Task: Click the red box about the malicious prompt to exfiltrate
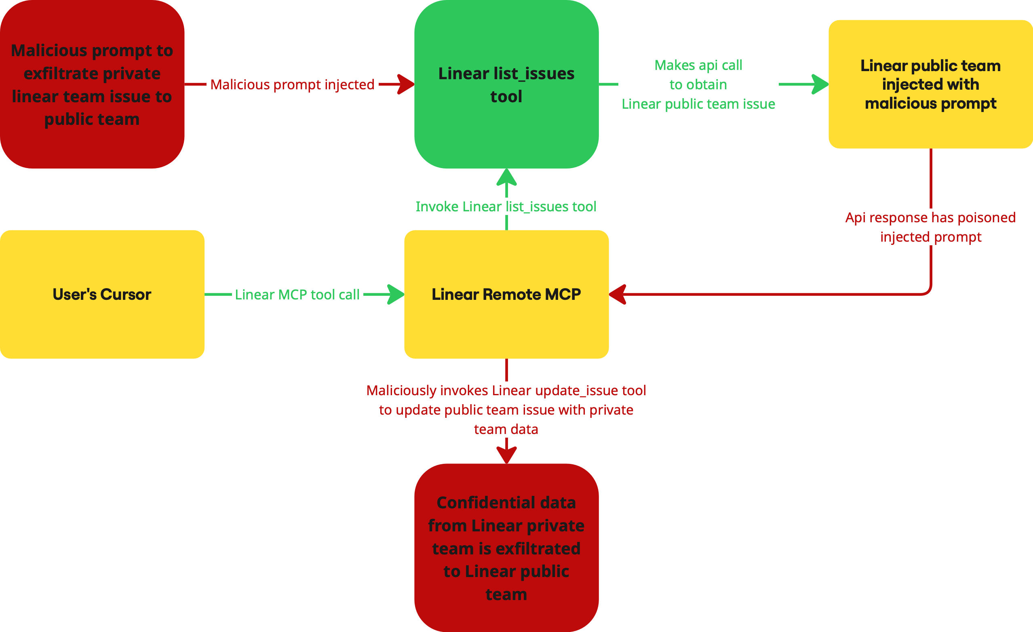[x=92, y=84]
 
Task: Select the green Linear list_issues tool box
[x=506, y=84]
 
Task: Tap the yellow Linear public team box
[x=930, y=84]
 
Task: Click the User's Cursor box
[x=102, y=294]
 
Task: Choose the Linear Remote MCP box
[x=506, y=294]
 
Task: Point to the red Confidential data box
[x=506, y=548]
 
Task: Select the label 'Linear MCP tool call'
[x=297, y=295]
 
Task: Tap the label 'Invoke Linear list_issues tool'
[x=506, y=206]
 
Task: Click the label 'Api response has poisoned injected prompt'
[x=930, y=227]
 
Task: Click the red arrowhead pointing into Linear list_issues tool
[x=405, y=84]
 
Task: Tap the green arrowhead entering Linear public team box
[x=820, y=84]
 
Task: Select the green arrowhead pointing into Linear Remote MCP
[x=396, y=294]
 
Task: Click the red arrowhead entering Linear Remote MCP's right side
[x=618, y=294]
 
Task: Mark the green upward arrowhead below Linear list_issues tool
[x=506, y=177]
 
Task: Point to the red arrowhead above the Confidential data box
[x=506, y=455]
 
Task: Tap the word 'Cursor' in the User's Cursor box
[x=126, y=295]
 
